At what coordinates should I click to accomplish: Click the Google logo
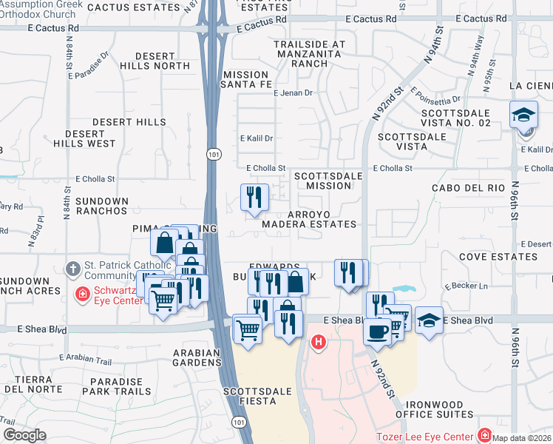click(x=24, y=435)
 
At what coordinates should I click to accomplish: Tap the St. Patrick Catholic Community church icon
click(x=72, y=267)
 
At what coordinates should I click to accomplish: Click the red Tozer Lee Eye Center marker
click(x=485, y=434)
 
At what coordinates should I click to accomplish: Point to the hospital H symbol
click(x=319, y=342)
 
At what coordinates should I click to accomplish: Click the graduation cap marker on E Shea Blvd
click(x=429, y=320)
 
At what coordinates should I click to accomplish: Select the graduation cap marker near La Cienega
click(x=524, y=115)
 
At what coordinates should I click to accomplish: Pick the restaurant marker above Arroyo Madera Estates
click(x=254, y=197)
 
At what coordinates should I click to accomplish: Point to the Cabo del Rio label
click(x=468, y=188)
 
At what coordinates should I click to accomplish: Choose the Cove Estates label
click(x=498, y=257)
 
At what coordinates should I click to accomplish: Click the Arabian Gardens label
click(x=197, y=357)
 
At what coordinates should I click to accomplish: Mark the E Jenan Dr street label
click(x=294, y=93)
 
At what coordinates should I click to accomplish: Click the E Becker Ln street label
click(x=464, y=286)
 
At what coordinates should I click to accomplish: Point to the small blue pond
click(x=404, y=288)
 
